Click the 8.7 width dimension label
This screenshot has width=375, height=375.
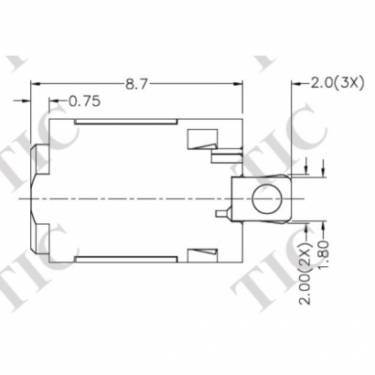pyautogui.click(x=136, y=84)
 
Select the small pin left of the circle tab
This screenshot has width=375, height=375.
pyautogui.click(x=220, y=215)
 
